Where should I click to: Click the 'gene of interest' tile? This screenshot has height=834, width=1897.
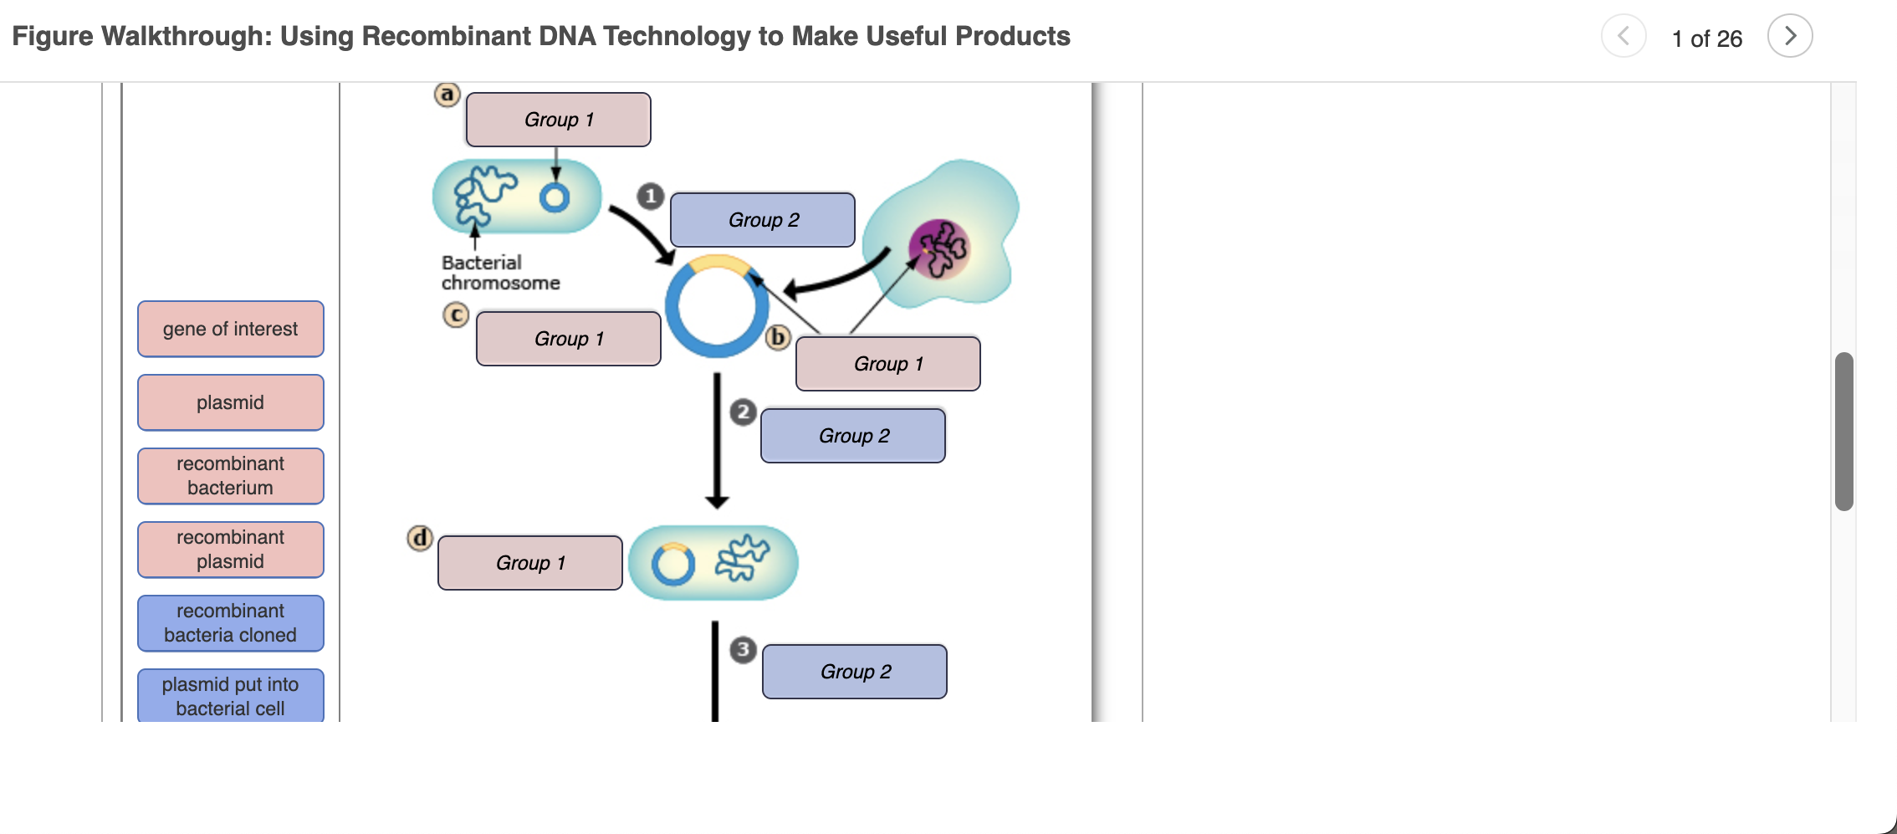[230, 329]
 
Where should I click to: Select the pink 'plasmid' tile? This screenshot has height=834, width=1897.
[230, 402]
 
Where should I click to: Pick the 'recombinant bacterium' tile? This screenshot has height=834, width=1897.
[230, 476]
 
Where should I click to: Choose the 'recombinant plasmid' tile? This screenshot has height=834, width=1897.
[230, 550]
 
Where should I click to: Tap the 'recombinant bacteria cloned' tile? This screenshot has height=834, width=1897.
[230, 623]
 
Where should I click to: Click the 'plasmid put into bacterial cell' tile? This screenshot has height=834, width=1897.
[230, 696]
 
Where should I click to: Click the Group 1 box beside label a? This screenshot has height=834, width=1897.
[558, 120]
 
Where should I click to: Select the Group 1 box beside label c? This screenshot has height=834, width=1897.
[568, 339]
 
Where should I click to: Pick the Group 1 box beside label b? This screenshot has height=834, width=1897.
[887, 364]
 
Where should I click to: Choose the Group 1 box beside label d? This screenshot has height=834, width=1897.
[529, 563]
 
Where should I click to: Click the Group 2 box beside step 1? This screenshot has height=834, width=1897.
[763, 220]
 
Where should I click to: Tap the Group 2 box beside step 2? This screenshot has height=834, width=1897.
[853, 436]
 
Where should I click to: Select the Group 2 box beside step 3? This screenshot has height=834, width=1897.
[855, 672]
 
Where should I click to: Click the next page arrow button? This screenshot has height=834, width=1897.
[1789, 36]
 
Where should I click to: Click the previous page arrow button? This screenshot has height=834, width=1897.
[1623, 36]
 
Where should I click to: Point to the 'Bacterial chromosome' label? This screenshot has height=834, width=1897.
[499, 273]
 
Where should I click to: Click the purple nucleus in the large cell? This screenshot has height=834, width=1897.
[939, 248]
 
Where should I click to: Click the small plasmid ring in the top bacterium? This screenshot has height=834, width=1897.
[555, 198]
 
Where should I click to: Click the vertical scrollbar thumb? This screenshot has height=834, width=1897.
[1843, 431]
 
